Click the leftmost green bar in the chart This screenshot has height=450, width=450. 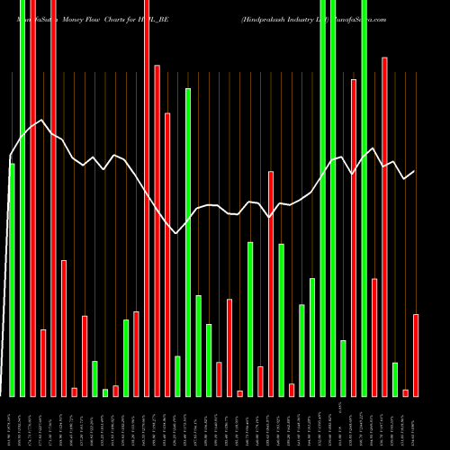coord(12,279)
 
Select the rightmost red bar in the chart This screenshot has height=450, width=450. coord(416,355)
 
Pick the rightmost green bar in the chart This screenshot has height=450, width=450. coord(395,379)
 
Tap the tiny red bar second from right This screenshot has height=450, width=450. coord(406,392)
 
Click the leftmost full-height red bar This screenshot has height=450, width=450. coord(32,198)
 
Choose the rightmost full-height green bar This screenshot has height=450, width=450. coord(364,198)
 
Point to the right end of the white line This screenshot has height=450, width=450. coord(415,171)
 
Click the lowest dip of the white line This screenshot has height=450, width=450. coord(177,233)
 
